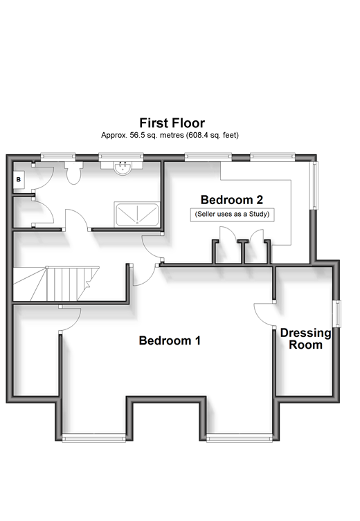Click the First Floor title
pyautogui.click(x=172, y=123)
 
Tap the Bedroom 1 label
pyautogui.click(x=170, y=340)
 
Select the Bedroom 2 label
pyautogui.click(x=232, y=200)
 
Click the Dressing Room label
pyautogui.click(x=305, y=338)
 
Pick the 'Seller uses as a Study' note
pyautogui.click(x=232, y=214)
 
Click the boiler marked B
pyautogui.click(x=19, y=179)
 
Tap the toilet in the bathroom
pyautogui.click(x=73, y=172)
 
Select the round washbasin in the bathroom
pyautogui.click(x=122, y=168)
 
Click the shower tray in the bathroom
pyautogui.click(x=136, y=214)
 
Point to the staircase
pyautogui.click(x=57, y=284)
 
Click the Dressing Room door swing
pyautogui.click(x=264, y=314)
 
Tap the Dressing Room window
pyautogui.click(x=337, y=314)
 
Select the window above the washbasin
pyautogui.click(x=121, y=156)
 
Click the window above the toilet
pyautogui.click(x=58, y=156)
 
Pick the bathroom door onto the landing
pyautogui.click(x=78, y=219)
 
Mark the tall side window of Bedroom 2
pyautogui.click(x=314, y=185)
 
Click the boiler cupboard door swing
pyautogui.click(x=44, y=176)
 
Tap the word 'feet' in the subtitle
pyautogui.click(x=232, y=135)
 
